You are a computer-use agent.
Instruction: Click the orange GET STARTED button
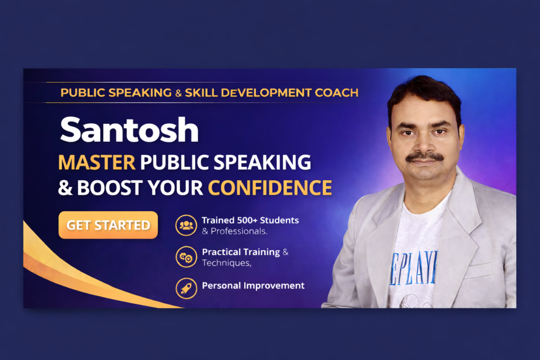[x=108, y=225]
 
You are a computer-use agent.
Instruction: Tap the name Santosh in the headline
[x=129, y=130]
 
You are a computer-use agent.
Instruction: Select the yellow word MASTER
[x=97, y=162]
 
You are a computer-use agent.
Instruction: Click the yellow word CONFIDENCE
[x=269, y=188]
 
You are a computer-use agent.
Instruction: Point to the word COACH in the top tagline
[x=336, y=93]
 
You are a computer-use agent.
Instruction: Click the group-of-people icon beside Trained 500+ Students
[x=186, y=225]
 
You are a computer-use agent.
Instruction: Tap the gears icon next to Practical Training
[x=186, y=257]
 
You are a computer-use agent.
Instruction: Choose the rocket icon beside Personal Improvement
[x=186, y=288]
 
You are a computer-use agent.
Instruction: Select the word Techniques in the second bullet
[x=226, y=263]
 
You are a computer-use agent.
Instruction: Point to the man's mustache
[x=425, y=157]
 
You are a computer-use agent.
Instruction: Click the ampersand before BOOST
[x=65, y=188]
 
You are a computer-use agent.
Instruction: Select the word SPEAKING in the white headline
[x=262, y=162]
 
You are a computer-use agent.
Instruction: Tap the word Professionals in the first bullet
[x=238, y=231]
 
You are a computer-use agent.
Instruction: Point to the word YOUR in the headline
[x=176, y=188]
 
